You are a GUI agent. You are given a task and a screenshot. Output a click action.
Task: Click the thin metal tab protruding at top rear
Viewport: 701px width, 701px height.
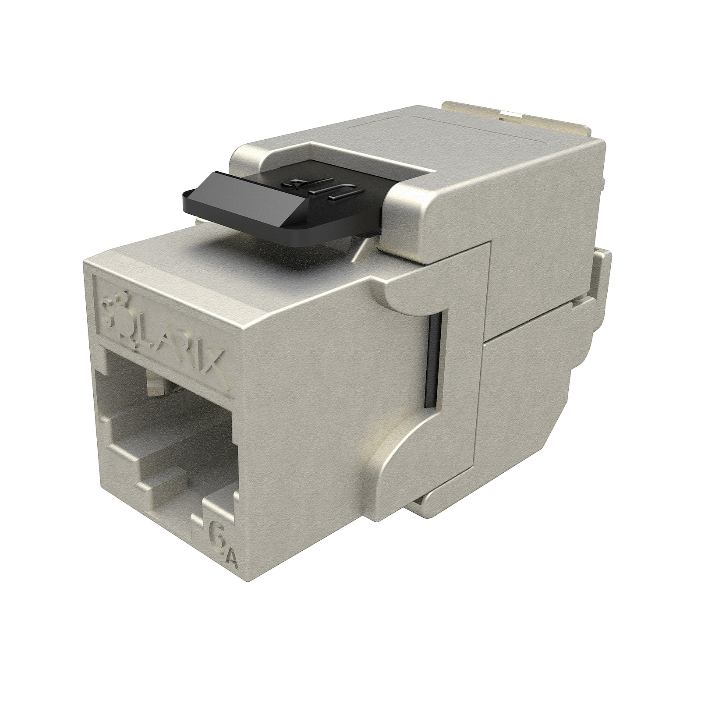[482, 110]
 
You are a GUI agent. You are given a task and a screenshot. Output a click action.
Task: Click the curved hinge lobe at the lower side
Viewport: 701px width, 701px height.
[394, 469]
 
